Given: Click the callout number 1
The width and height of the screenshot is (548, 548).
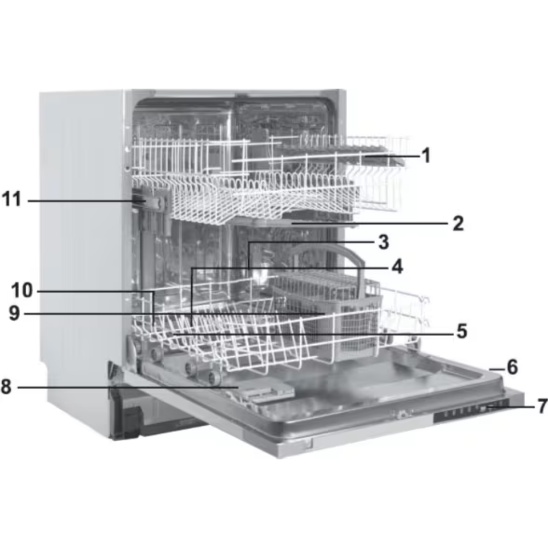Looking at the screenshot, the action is coord(426,156).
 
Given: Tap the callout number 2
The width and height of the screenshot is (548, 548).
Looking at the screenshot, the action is coord(458,224).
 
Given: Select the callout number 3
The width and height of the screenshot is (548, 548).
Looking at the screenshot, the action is coord(384,242).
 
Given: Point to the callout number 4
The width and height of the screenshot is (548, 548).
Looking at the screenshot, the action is coord(397,267).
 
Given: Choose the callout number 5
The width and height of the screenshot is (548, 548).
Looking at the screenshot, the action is coord(462,330).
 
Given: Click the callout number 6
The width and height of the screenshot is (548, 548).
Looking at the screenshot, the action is coord(512,367).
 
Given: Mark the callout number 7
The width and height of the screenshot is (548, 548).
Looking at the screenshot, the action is coord(543,407).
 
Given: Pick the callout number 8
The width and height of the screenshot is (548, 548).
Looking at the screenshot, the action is coord(6,387).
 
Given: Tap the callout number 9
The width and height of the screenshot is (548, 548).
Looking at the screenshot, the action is coord(14,313).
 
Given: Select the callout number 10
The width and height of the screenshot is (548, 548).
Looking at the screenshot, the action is coord(22,290).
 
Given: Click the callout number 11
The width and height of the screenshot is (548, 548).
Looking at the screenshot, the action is coord(12,199).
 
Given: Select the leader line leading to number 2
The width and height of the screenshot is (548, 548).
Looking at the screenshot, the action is coord(370,222).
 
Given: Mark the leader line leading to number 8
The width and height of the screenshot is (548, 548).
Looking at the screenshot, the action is coord(128,387).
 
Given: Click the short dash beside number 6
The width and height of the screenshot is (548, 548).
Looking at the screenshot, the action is coord(496,369).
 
